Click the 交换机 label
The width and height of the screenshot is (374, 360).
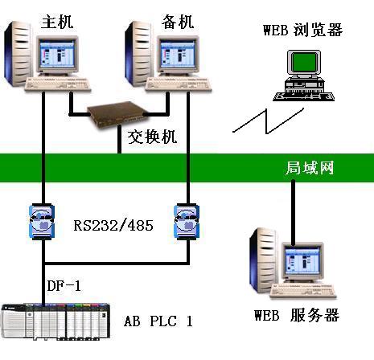click(150, 136)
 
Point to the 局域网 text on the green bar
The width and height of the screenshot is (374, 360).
click(310, 168)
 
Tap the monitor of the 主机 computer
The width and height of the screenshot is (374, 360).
click(57, 57)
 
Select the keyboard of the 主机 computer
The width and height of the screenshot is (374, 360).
click(60, 84)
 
